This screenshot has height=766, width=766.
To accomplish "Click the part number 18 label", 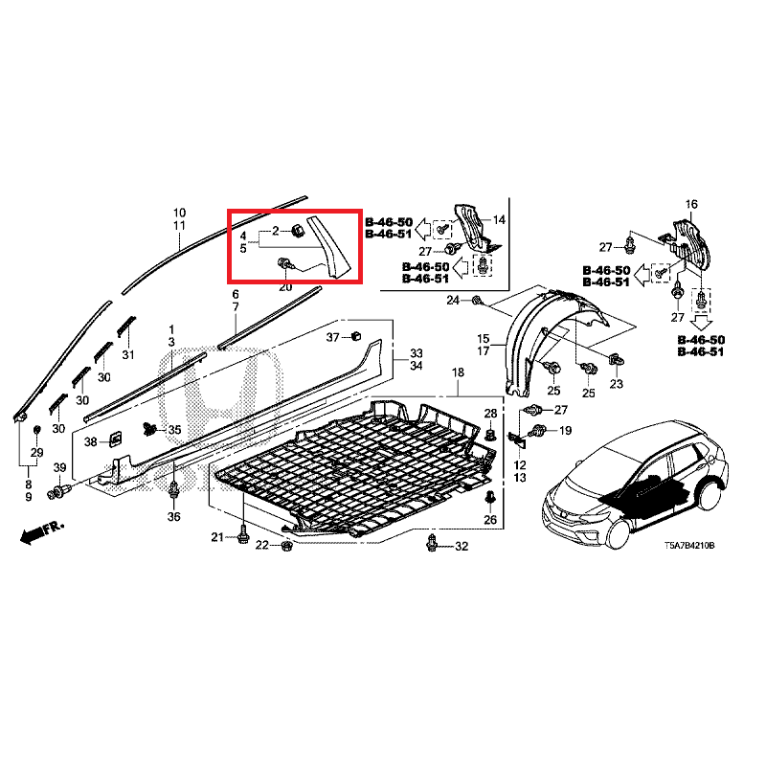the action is (x=458, y=372).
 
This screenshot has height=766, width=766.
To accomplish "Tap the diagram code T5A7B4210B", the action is (x=688, y=545).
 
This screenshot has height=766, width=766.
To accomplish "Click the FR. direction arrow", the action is (x=42, y=531).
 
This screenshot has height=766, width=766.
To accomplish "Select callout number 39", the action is (x=59, y=467).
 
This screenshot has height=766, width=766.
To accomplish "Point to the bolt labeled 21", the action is (x=243, y=536).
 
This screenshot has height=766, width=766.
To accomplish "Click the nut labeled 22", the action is (x=286, y=545).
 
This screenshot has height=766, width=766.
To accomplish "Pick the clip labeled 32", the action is (x=432, y=543).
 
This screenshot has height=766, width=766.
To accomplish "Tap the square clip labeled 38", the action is (x=115, y=439).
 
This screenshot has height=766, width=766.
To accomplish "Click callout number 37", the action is (x=332, y=337).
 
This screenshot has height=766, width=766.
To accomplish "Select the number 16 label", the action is (x=691, y=204).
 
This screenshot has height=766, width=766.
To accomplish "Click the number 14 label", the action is (x=499, y=220).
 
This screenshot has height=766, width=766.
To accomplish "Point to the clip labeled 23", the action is (x=615, y=361).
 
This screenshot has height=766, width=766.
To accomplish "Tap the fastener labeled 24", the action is (x=476, y=300).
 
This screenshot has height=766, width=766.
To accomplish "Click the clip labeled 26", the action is (x=489, y=499).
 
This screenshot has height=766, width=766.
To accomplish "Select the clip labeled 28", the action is (x=490, y=434).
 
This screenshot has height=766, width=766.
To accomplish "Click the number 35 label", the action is (x=174, y=430).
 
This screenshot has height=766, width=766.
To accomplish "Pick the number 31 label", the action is (x=128, y=354).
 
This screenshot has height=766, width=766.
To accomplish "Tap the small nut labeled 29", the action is (x=36, y=430).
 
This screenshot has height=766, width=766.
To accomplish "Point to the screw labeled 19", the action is (x=537, y=431).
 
